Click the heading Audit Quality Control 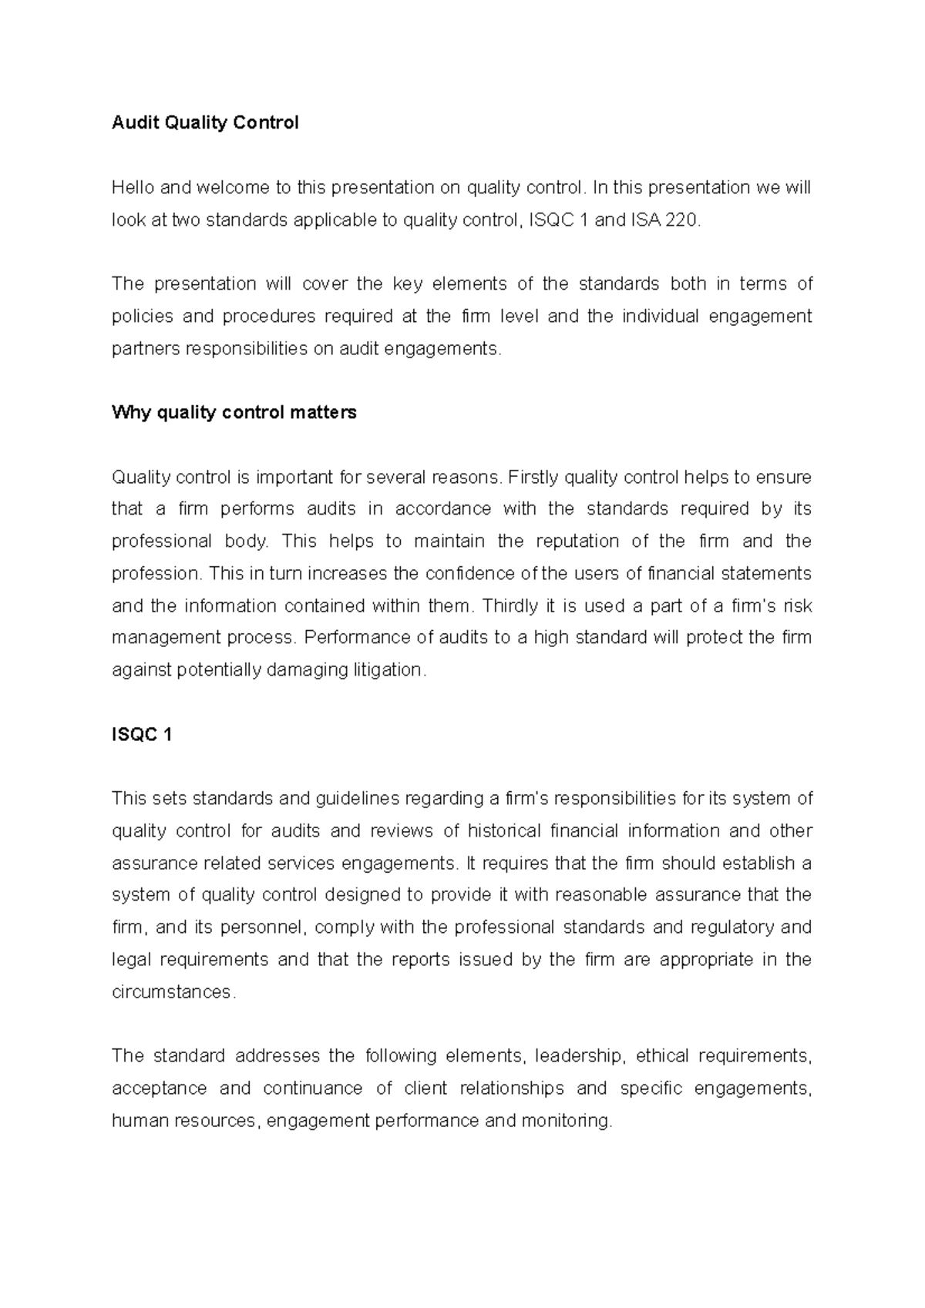pyautogui.click(x=205, y=123)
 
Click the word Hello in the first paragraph pyautogui.click(x=133, y=188)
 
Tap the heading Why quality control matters pyautogui.click(x=234, y=413)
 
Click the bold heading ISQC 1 pyautogui.click(x=142, y=735)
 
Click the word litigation pyautogui.click(x=386, y=670)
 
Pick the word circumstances pyautogui.click(x=171, y=992)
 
